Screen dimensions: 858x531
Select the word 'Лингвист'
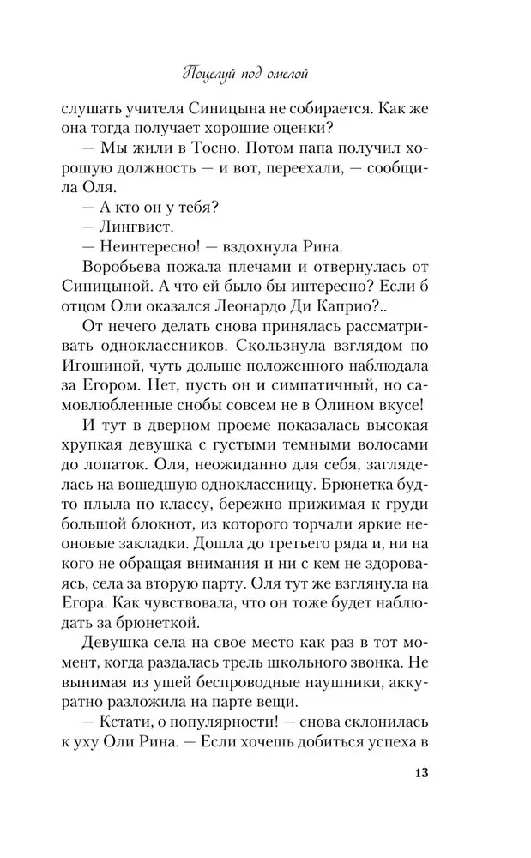[x=125, y=229]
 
